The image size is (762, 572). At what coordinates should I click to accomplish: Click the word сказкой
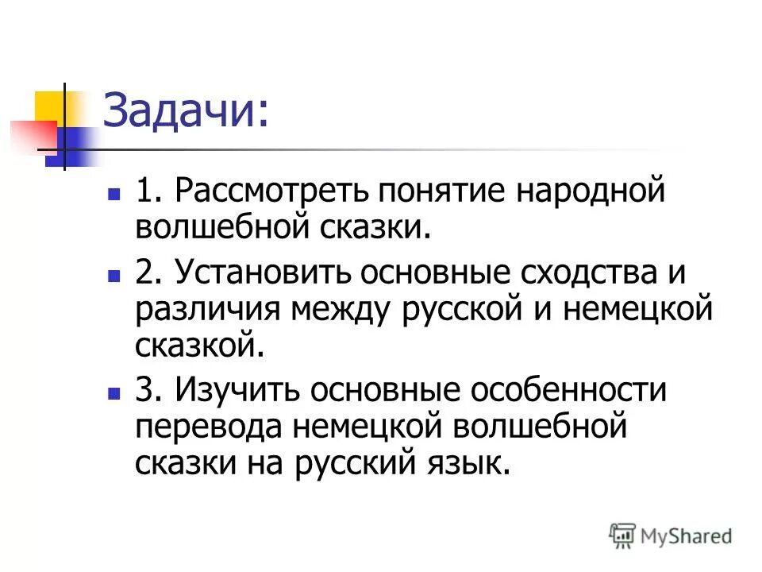198,345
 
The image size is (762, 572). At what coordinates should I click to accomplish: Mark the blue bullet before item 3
114,392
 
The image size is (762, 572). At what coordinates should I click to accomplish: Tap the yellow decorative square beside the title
49,107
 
